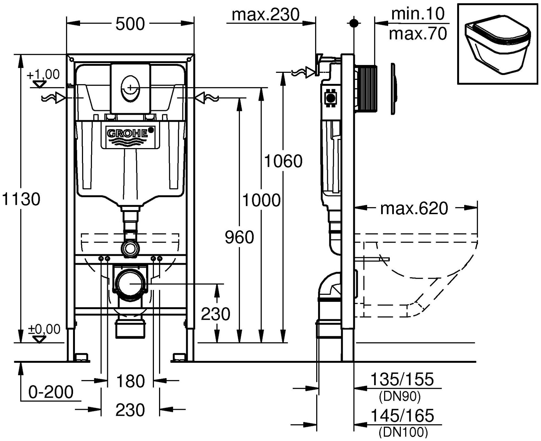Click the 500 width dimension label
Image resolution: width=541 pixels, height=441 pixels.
(130, 24)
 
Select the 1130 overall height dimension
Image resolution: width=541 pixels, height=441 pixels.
(21, 199)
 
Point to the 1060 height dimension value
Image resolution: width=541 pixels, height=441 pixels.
(283, 161)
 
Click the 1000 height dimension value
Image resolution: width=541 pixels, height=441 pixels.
(261, 200)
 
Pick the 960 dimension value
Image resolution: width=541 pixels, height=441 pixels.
(239, 237)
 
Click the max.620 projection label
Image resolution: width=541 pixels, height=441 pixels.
(414, 208)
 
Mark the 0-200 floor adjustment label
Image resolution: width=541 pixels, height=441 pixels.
(51, 392)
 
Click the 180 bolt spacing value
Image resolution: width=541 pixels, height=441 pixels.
(130, 381)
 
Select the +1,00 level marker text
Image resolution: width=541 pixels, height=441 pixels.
(43, 74)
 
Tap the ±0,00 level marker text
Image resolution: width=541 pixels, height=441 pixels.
(44, 329)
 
